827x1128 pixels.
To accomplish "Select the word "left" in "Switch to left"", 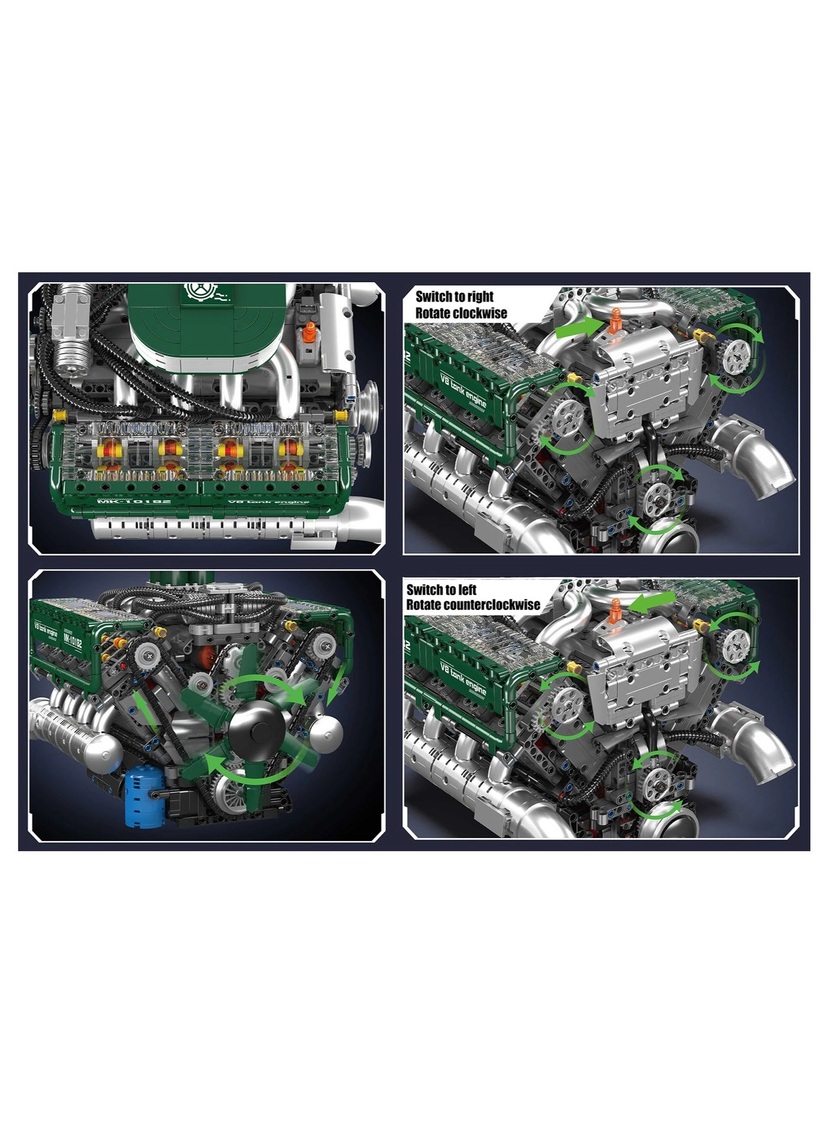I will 466,589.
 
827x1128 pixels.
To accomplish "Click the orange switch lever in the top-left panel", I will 308,335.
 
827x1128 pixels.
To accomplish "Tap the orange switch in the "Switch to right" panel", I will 616,320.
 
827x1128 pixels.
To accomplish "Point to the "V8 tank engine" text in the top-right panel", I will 464,389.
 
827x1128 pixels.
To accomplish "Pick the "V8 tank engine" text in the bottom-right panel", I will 464,679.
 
